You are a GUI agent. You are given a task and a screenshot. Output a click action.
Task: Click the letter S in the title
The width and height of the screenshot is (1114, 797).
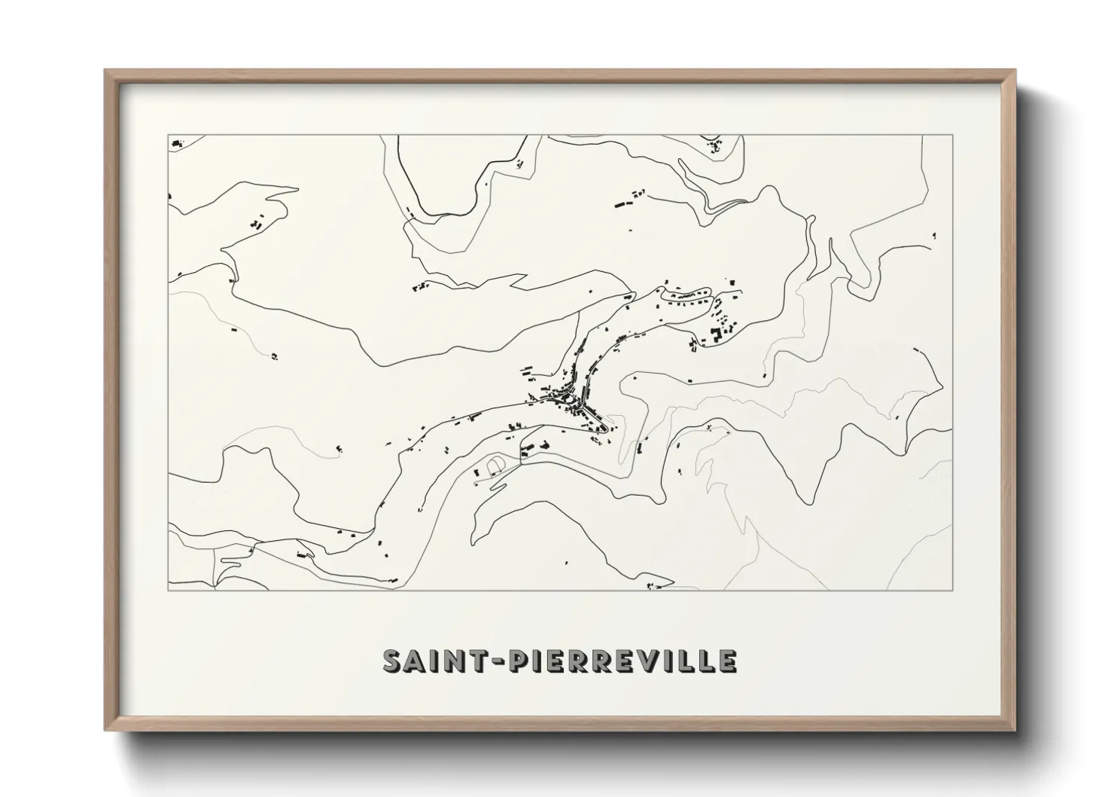395,661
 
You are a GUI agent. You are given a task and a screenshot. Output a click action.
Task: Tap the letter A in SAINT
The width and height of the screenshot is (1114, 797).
419,661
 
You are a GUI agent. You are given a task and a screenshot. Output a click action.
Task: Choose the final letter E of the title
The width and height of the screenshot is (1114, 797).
726,661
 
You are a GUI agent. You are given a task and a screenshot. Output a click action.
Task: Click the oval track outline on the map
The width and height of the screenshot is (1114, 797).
496,466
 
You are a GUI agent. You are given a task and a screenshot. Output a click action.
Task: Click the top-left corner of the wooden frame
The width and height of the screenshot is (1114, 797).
105,71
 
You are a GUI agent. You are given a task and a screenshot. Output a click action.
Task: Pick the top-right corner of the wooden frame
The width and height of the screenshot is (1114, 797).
1015,71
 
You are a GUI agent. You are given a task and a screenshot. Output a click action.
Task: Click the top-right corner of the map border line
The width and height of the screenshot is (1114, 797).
953,135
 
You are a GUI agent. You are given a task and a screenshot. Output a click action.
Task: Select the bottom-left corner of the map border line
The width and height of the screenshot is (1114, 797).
168,590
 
